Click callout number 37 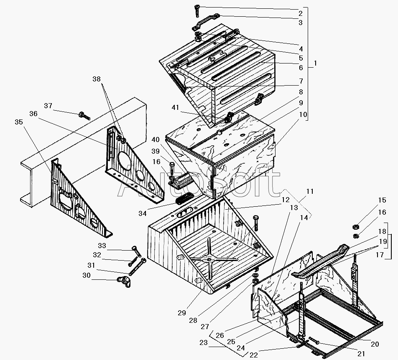[x=48, y=106]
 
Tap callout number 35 [x=18, y=122]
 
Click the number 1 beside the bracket [x=315, y=63]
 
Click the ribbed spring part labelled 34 [x=184, y=199]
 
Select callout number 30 [x=86, y=276]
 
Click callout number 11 [x=310, y=192]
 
